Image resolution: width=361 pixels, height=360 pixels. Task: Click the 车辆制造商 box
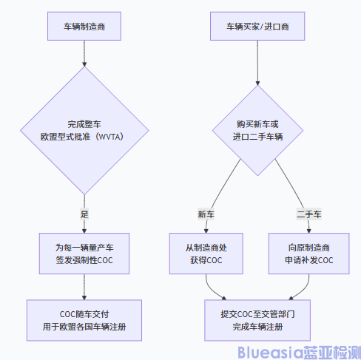pos(84,27)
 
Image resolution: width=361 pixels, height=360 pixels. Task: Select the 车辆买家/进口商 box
pos(257,27)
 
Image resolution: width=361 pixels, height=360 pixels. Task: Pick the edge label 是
pos(84,213)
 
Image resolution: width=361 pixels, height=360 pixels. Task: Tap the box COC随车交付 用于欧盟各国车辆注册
pos(84,320)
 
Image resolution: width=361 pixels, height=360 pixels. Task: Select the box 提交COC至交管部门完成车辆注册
pos(257,320)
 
